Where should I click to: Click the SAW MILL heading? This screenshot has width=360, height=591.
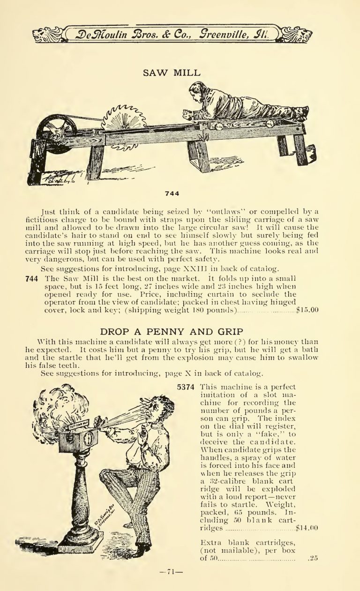pyautogui.click(x=171, y=73)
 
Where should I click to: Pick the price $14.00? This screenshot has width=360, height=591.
pyautogui.click(x=307, y=529)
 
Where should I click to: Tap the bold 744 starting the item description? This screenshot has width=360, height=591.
pyautogui.click(x=31, y=278)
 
